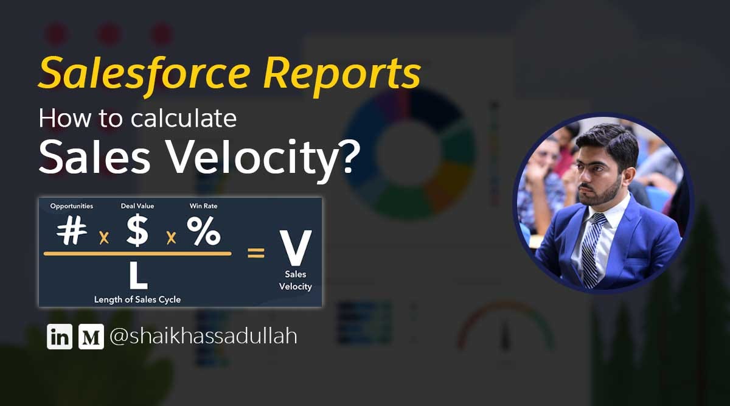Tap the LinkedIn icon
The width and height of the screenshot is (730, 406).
coord(59,337)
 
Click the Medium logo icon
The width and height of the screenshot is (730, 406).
coord(91,337)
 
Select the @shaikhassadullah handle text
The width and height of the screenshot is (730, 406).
coord(203,336)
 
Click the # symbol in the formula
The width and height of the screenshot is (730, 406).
coord(71,231)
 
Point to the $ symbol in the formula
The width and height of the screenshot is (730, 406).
coord(137,232)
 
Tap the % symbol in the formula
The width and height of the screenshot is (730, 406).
coord(203,232)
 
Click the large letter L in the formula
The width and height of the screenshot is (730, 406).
coord(138,275)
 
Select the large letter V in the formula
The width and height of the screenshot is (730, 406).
coord(295,248)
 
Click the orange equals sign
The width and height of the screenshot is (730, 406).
coord(256,253)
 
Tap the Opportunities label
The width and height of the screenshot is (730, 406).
coord(71,206)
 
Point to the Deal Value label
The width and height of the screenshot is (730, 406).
coord(137,206)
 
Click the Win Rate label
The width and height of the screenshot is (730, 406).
coord(203,206)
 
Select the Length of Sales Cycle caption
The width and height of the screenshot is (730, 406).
coord(137,299)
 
